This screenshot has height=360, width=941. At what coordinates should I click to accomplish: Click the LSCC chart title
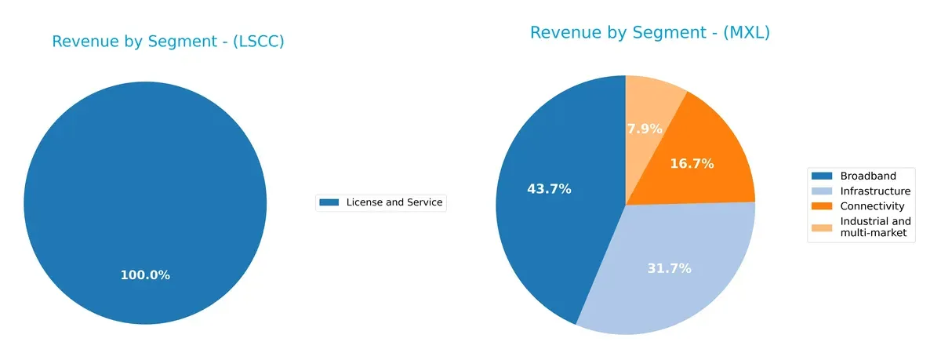168,42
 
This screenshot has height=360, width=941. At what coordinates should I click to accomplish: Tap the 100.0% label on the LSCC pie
145,275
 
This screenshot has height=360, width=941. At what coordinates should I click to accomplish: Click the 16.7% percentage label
691,164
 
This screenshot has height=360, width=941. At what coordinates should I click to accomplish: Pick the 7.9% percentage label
645,129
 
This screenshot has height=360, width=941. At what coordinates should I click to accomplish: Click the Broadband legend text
867,176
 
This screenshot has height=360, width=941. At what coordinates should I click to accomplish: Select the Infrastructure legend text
875,191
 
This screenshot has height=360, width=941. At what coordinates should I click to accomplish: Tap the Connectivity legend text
872,206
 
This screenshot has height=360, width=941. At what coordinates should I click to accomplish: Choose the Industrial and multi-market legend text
875,227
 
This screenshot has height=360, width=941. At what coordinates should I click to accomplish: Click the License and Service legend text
394,202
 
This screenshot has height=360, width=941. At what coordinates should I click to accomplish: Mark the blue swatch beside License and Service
329,202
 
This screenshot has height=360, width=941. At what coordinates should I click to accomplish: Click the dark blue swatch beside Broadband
823,176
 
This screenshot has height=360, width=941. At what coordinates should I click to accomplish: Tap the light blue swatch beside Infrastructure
823,191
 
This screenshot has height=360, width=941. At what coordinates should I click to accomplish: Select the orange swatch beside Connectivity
823,206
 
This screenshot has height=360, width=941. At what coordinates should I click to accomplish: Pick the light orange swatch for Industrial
823,227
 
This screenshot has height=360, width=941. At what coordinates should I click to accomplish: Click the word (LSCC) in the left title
260,42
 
